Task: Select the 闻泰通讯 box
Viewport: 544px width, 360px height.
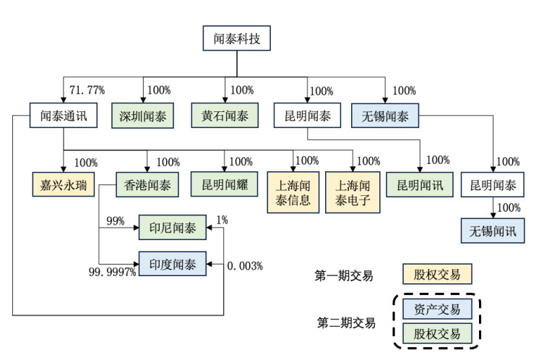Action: click(x=63, y=116)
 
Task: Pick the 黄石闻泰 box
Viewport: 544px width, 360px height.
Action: click(x=225, y=116)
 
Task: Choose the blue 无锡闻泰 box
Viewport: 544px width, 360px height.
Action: click(x=385, y=116)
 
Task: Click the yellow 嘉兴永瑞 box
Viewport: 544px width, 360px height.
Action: click(x=63, y=184)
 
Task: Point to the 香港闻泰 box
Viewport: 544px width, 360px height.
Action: click(x=148, y=184)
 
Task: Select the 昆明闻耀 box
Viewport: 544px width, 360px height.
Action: click(x=225, y=184)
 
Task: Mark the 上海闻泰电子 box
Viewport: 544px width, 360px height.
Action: click(x=353, y=192)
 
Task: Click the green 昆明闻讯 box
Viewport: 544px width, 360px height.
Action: click(x=420, y=184)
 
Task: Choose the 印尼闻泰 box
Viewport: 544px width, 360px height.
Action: click(x=173, y=228)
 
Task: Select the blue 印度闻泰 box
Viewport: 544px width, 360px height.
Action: click(x=173, y=264)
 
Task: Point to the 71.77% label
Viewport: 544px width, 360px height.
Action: click(x=87, y=90)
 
